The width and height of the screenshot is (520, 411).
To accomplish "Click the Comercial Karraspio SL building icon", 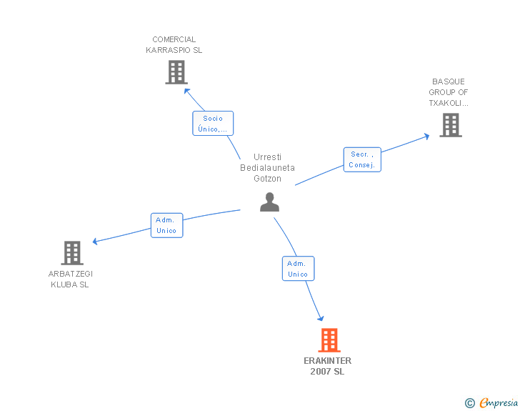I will [x=176, y=72].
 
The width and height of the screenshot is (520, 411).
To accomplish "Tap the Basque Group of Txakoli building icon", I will [x=450, y=125].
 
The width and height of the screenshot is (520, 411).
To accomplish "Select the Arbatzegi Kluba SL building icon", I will [x=71, y=253].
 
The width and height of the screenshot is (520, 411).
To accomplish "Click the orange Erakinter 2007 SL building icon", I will [x=329, y=340].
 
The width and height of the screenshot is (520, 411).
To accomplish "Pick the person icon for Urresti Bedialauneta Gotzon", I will [x=269, y=202].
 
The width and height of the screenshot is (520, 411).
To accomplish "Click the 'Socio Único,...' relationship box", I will [x=213, y=124].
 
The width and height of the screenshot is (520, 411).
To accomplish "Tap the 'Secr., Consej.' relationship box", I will [x=362, y=159].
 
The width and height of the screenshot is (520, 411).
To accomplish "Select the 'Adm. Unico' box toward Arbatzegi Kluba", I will [x=166, y=225].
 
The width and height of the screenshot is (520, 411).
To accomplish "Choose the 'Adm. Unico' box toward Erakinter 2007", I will [x=298, y=268].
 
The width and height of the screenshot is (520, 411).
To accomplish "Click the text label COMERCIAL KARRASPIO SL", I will [x=174, y=44].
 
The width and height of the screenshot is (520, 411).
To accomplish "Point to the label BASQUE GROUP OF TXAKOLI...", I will [x=449, y=92].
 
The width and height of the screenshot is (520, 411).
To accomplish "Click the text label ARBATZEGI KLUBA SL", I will [x=70, y=279].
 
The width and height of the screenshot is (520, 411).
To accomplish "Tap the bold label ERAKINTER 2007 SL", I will [x=328, y=366].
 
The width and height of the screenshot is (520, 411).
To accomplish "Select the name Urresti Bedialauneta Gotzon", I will [x=267, y=168].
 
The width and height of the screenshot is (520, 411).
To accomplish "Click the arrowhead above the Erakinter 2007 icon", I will [x=321, y=318].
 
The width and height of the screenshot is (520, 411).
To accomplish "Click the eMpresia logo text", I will [x=499, y=402].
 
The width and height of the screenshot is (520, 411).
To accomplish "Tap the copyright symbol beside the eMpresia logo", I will [x=469, y=403].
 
